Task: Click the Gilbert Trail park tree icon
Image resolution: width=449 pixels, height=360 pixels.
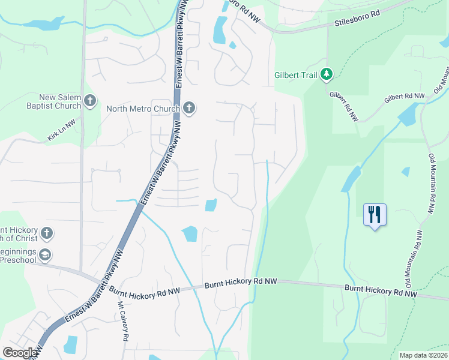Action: [x=326, y=74]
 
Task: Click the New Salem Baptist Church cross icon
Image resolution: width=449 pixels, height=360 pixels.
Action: [x=90, y=100]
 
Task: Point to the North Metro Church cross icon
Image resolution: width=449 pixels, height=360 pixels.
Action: [x=188, y=108]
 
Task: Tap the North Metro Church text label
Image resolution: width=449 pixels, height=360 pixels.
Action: [x=143, y=109]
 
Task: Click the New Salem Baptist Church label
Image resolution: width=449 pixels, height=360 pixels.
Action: [x=60, y=101]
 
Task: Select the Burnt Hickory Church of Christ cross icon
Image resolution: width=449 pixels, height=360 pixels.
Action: [x=47, y=232]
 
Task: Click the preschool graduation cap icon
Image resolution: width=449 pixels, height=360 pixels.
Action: [x=44, y=256]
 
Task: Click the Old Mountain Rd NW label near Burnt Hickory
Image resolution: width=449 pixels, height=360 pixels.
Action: [x=412, y=259]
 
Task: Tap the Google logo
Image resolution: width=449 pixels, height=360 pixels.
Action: [x=20, y=353]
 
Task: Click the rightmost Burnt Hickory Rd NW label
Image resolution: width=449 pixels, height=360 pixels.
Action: [x=381, y=291]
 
